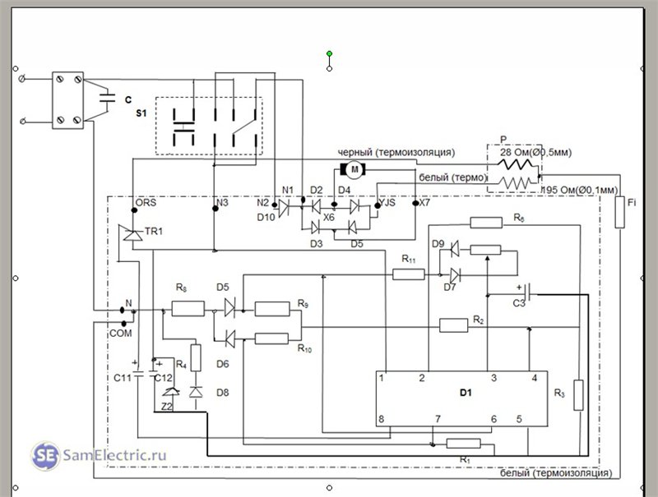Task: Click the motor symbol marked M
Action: pyautogui.click(x=354, y=169)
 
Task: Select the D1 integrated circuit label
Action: pyautogui.click(x=466, y=393)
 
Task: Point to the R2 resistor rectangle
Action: pyautogui.click(x=453, y=325)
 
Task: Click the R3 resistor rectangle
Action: pyautogui.click(x=578, y=395)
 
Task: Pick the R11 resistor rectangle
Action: pyautogui.click(x=408, y=274)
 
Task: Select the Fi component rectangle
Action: pyautogui.click(x=619, y=212)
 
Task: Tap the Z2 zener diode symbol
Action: pyautogui.click(x=171, y=392)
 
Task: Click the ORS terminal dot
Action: pyautogui.click(x=134, y=210)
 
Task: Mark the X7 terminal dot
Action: pyautogui.click(x=415, y=203)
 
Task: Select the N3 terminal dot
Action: pyautogui.click(x=215, y=209)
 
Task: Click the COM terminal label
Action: pyautogui.click(x=120, y=334)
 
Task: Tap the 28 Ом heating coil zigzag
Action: pyautogui.click(x=517, y=164)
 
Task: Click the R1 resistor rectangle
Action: pyautogui.click(x=463, y=444)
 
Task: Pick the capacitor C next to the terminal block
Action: pyautogui.click(x=107, y=99)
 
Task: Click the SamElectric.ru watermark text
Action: pyautogui.click(x=114, y=454)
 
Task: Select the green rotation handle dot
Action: pyautogui.click(x=330, y=53)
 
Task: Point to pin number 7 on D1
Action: pyautogui.click(x=438, y=419)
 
